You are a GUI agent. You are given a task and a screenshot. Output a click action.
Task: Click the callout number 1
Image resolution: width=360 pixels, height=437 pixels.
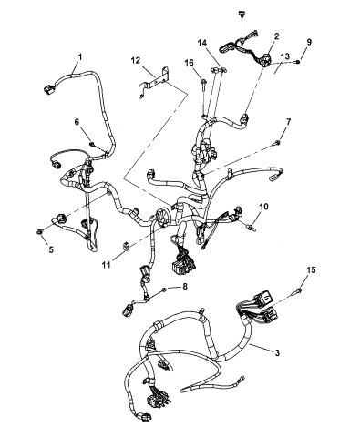point(80,56)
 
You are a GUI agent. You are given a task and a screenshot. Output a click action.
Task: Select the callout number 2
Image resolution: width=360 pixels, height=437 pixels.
point(276,36)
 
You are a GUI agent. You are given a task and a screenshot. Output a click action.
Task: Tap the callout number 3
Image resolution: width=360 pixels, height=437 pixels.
point(277,352)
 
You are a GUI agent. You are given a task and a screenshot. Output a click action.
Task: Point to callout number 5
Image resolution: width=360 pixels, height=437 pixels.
point(51,249)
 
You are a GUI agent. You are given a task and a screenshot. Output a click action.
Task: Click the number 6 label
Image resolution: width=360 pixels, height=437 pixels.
point(77,122)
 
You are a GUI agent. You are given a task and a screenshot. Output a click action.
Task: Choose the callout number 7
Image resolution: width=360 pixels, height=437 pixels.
point(288,122)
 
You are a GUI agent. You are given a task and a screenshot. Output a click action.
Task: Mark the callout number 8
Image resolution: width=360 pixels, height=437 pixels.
point(185,286)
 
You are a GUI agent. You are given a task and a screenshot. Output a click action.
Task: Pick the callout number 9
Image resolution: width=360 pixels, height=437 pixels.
point(309,42)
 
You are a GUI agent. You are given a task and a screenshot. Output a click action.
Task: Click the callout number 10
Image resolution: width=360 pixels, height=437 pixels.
point(263,207)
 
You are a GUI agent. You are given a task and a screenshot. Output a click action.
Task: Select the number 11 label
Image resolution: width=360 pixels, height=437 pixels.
point(106,265)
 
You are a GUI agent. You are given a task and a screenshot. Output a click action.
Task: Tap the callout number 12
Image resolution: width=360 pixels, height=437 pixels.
point(136,60)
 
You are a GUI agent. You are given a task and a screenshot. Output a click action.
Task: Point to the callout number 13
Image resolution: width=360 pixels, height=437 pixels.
point(285,56)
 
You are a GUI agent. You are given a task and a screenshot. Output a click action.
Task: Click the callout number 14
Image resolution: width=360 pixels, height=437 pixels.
point(202,43)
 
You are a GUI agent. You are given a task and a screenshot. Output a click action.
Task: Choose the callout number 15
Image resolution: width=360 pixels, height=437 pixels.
point(311,269)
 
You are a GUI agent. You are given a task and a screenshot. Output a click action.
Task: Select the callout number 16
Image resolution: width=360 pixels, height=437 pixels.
point(189,63)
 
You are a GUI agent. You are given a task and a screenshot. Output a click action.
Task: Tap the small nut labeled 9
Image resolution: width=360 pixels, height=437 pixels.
point(298,62)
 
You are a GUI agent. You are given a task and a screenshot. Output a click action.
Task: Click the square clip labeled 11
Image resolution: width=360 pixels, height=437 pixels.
point(125,246)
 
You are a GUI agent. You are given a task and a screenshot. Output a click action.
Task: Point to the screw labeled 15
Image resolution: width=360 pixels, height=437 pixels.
point(297,292)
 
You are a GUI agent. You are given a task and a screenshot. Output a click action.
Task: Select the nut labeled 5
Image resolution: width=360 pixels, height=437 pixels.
point(39,232)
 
